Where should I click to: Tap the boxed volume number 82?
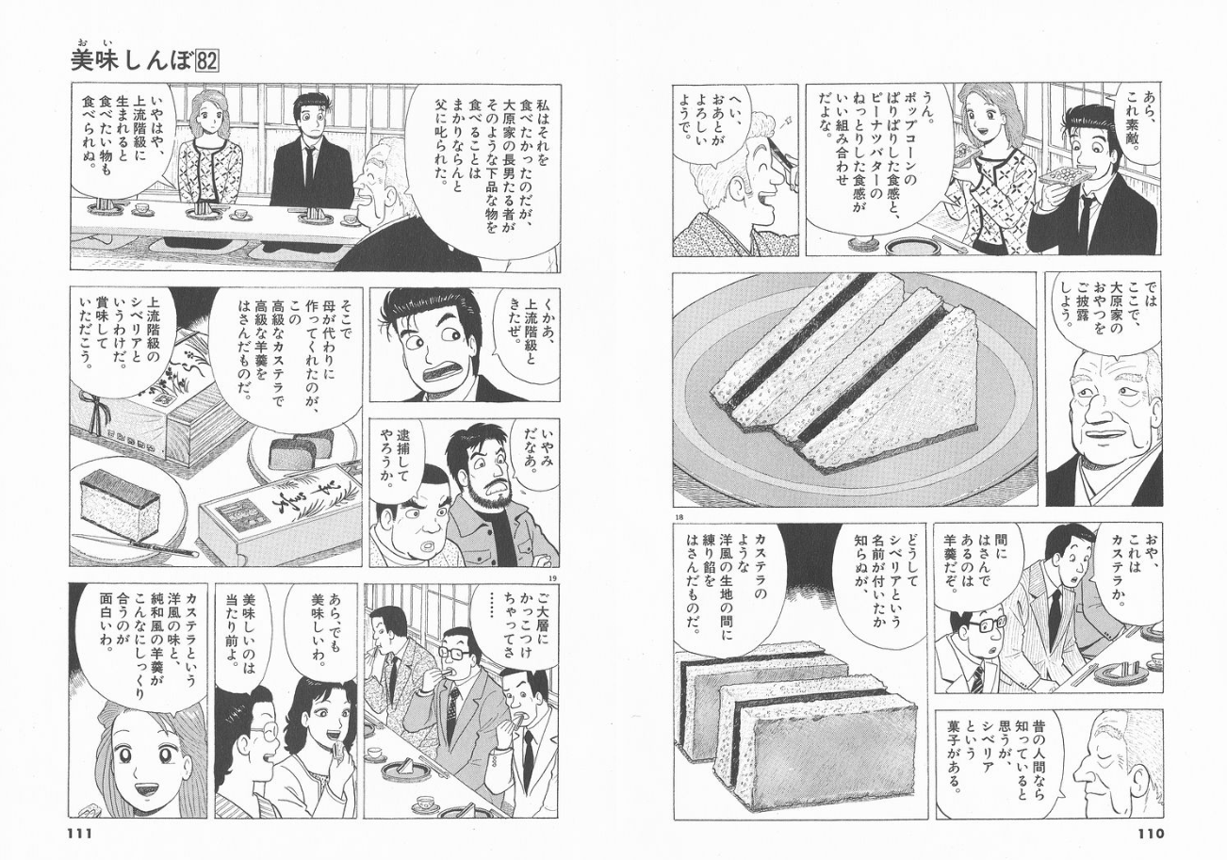coord(206,61)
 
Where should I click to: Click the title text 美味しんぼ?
coord(133,61)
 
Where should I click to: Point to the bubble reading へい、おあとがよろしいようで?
coord(712,130)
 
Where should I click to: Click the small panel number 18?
coord(680,517)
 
